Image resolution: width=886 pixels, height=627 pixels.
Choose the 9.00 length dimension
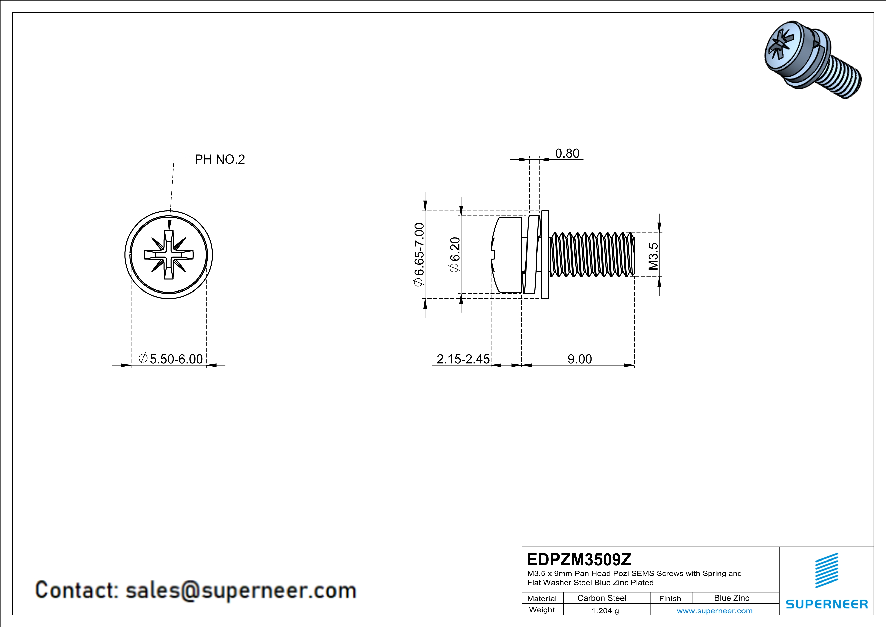tap(579, 359)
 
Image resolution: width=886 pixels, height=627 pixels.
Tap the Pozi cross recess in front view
tap(169, 255)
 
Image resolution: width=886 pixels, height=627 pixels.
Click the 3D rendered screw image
tap(812, 60)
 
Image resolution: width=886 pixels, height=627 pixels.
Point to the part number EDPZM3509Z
tap(579, 559)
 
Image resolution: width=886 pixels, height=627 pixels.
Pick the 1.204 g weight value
tap(605, 610)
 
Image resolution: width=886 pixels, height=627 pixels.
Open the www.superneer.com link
tap(714, 610)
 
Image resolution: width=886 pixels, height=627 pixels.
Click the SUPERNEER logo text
tap(827, 604)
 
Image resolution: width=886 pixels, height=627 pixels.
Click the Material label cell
tap(542, 598)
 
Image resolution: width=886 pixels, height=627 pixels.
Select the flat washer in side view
tap(545, 255)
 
